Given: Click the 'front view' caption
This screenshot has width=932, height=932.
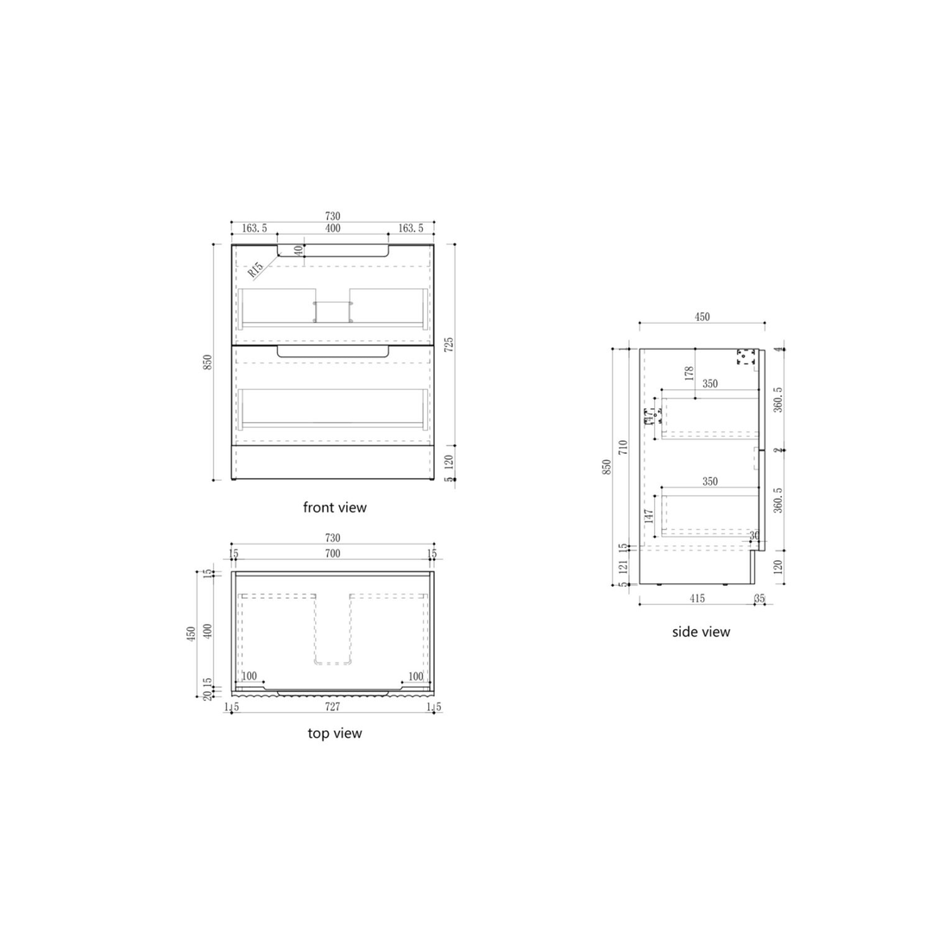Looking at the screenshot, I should pos(335,507).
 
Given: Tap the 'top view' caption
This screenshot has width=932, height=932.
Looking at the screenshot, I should pos(335,734).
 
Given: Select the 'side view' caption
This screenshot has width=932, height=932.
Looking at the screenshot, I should pos(701,632).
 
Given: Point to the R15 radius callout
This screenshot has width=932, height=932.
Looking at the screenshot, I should pos(255,271).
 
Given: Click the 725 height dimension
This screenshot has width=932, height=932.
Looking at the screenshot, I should pos(449,345).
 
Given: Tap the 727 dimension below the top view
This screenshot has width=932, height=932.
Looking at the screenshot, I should pos(332,708).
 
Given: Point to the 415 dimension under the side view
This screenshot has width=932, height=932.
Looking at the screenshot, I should pos(696,598).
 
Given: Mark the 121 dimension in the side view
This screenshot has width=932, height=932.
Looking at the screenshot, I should pos(623,566).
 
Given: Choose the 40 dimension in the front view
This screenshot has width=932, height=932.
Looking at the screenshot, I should pos(299,250).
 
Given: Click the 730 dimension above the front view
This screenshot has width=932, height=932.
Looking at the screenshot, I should pos(332,216).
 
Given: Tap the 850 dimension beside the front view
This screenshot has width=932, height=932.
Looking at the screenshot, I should pos(208,362).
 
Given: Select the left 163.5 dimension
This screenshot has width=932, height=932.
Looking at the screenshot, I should pos(255,229).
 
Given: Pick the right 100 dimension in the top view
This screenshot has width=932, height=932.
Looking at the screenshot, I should pos(415,676).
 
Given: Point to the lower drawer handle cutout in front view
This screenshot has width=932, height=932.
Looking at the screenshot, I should pos(333,352).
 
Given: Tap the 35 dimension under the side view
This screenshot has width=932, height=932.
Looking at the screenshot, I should pos(759,598).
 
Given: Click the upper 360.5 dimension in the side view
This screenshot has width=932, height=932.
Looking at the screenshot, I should pos(778,400).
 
